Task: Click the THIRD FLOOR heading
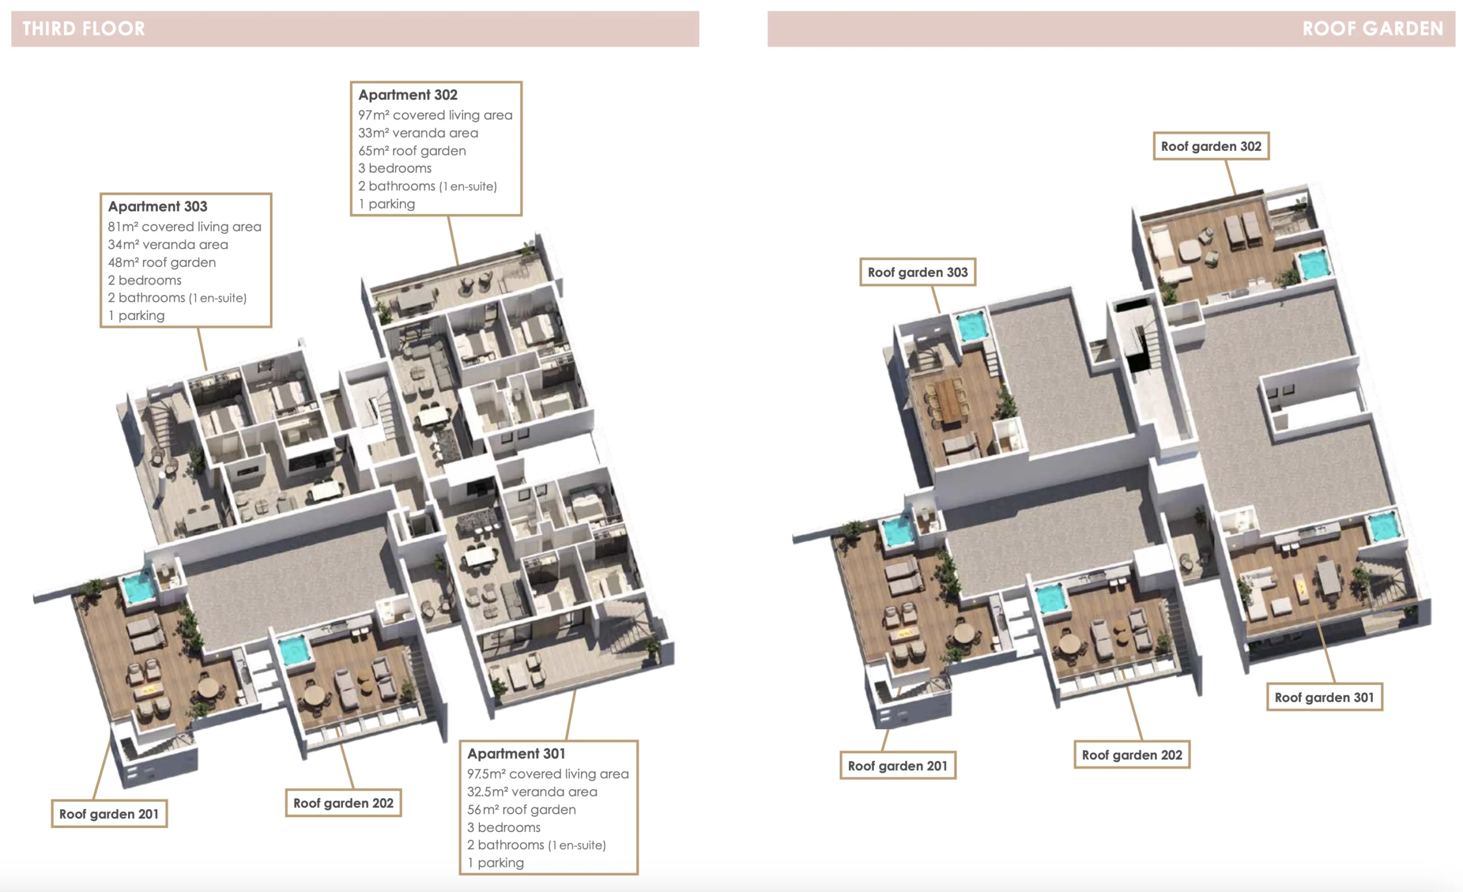click(x=83, y=29)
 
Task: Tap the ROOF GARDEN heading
click(x=1372, y=29)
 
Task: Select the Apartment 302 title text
click(x=408, y=95)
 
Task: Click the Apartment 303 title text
click(x=157, y=207)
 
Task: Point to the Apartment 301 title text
click(x=516, y=754)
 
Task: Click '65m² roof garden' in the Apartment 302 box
click(x=412, y=151)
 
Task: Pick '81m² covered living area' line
click(x=185, y=227)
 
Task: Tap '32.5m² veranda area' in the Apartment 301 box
click(x=532, y=791)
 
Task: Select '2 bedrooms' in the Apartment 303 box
click(x=145, y=281)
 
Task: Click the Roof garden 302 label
click(x=1211, y=146)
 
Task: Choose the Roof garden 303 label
click(x=918, y=272)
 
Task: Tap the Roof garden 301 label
click(x=1325, y=697)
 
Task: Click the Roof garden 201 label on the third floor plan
click(x=109, y=814)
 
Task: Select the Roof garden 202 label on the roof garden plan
click(x=1132, y=755)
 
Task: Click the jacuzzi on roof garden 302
click(x=1313, y=264)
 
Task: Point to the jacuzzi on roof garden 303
click(x=972, y=326)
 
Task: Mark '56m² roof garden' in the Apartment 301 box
click(x=521, y=810)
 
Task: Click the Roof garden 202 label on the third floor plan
click(x=344, y=803)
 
